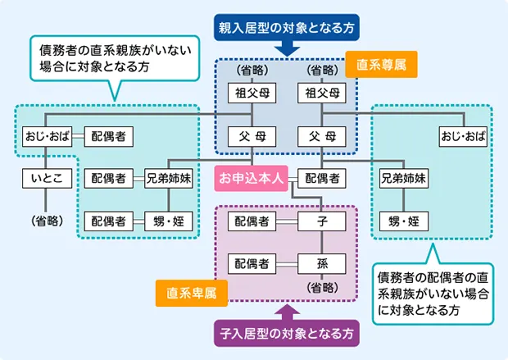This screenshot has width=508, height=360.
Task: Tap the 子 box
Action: pos(322,221)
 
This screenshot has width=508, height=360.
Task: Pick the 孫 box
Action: pos(322,263)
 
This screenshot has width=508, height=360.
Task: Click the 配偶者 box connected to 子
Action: pos(252,221)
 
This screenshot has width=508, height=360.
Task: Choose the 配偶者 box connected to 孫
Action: pos(252,263)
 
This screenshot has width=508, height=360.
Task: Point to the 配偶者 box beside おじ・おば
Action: pos(109,134)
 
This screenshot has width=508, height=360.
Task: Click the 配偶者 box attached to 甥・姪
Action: pos(109,221)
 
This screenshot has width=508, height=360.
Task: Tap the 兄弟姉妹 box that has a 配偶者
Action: pos(169,177)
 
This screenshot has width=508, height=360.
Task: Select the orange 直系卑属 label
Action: pos(191,292)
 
